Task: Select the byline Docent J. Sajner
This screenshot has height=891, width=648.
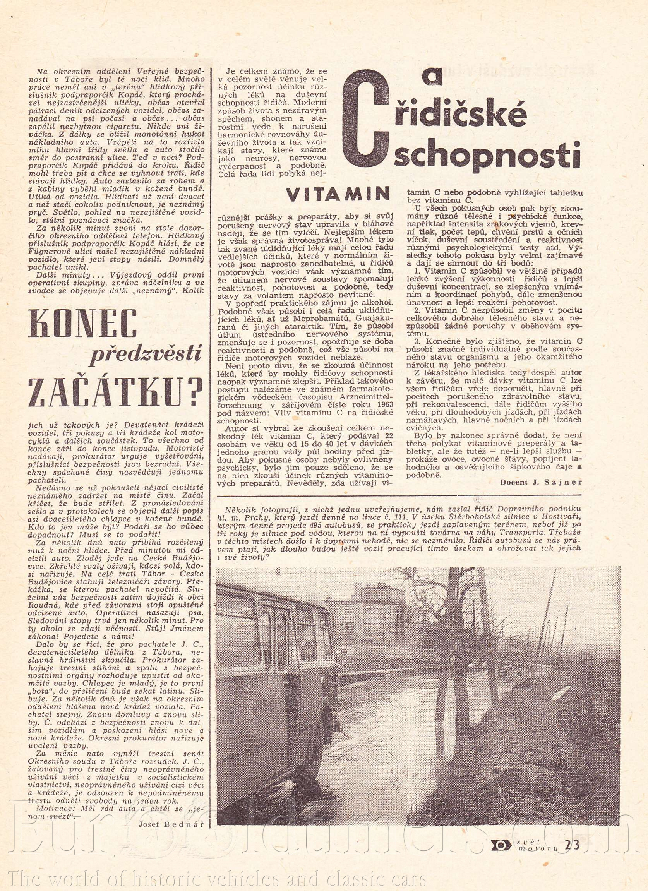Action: click(x=540, y=482)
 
